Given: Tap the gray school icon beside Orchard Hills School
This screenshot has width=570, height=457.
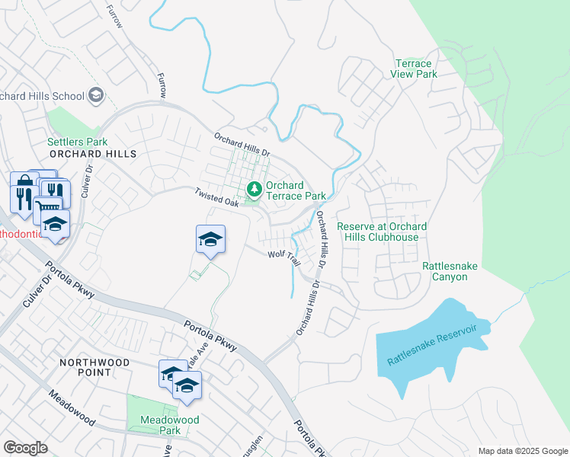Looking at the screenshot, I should [x=97, y=95].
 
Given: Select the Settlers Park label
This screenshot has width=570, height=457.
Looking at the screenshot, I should [x=77, y=142].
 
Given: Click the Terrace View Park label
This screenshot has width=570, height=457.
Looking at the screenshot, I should [x=416, y=69].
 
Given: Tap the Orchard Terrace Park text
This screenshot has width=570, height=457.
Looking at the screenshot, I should [x=295, y=190].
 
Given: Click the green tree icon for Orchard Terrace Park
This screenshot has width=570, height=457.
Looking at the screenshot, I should [x=253, y=190].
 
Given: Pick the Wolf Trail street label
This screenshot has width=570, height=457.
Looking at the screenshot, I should [x=283, y=257].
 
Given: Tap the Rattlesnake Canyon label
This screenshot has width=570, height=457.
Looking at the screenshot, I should [x=456, y=272].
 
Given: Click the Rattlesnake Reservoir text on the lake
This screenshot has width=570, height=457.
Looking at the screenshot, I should [x=437, y=344].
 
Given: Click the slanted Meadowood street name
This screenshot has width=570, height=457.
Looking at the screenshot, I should [x=72, y=409].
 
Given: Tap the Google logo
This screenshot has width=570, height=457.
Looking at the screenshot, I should [x=25, y=448].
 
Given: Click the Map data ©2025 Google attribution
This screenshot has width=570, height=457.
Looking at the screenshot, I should [x=523, y=451].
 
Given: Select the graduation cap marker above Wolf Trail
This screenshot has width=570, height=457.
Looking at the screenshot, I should [x=210, y=239].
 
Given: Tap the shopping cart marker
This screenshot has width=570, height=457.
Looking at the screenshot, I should [x=47, y=208].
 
